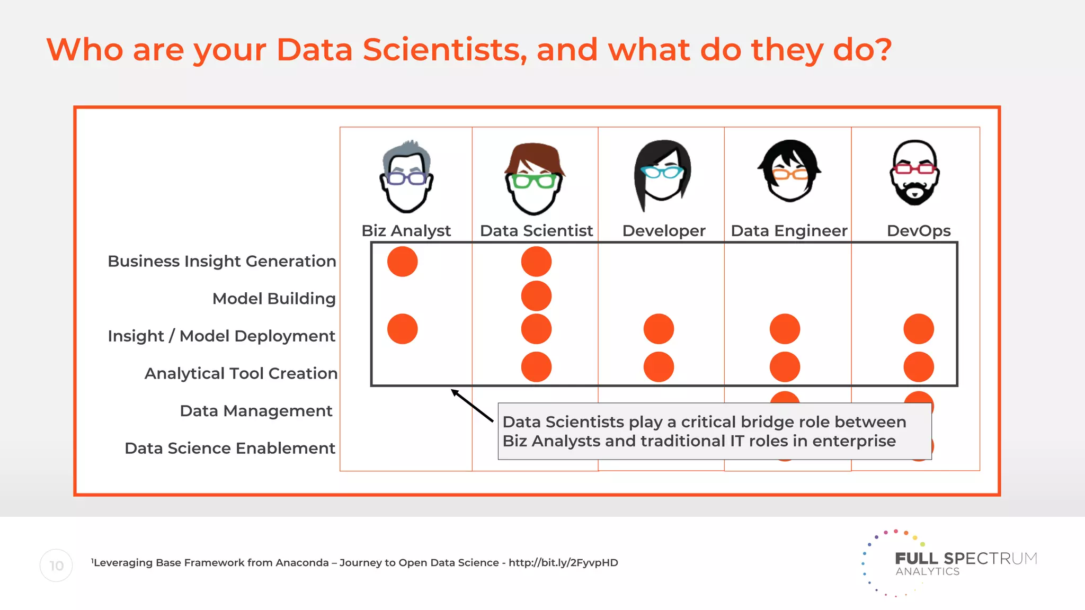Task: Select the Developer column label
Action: coord(663,231)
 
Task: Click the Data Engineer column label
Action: coord(788,231)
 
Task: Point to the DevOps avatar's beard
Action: coord(914,193)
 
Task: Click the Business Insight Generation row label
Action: coord(221,261)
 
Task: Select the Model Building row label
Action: coord(274,299)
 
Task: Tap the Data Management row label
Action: coord(256,411)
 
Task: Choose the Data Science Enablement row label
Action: coord(229,448)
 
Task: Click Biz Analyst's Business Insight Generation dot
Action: coord(403,262)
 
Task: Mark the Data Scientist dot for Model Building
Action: coord(536,296)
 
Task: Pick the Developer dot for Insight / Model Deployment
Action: coord(659,329)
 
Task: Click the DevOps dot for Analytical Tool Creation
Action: coord(919,367)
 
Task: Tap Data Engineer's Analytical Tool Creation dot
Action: coord(785,367)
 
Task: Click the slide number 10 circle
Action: coord(56,566)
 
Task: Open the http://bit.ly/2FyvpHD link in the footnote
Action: coord(563,563)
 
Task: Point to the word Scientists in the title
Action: coord(444,50)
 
